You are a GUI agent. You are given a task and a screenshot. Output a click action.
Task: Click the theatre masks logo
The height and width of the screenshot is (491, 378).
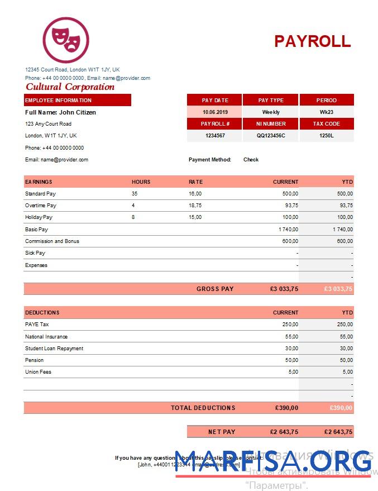66,40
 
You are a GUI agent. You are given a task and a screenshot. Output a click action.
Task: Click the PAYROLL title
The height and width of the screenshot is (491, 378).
312,41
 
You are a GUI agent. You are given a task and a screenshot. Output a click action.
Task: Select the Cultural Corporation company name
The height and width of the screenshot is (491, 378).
70,87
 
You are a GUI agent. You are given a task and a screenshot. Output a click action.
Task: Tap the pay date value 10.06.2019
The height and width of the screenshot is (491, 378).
214,112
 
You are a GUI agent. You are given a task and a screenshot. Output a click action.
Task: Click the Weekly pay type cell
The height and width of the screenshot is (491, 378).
271,112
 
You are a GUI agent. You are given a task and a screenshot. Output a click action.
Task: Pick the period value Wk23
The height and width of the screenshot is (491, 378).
327,112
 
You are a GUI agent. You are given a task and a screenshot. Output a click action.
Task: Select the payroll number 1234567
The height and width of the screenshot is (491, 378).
214,136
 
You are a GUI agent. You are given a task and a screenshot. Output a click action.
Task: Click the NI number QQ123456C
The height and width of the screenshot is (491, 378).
271,136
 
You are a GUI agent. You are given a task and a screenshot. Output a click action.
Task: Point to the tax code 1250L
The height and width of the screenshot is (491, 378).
327,136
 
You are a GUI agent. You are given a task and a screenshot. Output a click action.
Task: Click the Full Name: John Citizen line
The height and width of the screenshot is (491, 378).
60,112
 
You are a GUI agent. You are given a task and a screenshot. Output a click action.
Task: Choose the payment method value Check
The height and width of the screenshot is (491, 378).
251,160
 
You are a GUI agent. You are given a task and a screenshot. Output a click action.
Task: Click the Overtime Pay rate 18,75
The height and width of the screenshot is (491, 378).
195,206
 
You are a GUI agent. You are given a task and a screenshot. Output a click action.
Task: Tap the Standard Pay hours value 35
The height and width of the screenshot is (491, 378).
135,194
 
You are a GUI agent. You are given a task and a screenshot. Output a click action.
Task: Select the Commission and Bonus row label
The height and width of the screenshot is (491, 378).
52,241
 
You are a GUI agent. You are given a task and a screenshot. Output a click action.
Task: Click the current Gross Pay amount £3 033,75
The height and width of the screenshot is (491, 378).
284,289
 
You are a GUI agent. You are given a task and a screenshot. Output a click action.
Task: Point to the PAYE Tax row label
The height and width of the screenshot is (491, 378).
37,325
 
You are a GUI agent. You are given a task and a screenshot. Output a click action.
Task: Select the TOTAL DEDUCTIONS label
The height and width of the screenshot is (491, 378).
203,408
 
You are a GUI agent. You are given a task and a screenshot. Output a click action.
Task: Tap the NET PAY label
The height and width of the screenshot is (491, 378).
222,432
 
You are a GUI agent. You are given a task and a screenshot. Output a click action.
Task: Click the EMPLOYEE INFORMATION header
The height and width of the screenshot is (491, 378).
58,101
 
